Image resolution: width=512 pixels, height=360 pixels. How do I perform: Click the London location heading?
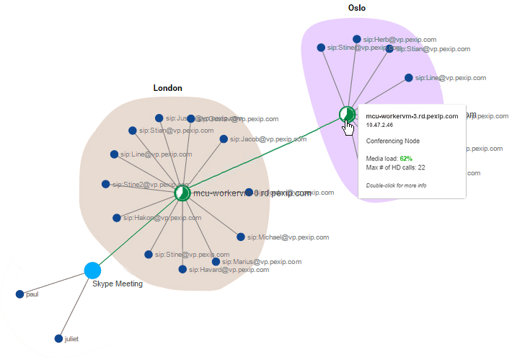pos(167,88)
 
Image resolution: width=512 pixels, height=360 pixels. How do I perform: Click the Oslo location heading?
pos(356,8)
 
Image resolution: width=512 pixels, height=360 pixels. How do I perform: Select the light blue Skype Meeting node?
pos(92,271)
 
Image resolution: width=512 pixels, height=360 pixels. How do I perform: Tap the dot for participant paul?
pos(20,294)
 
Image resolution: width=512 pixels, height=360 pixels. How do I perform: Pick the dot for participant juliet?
pos(58,338)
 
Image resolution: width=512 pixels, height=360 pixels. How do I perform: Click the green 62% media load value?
pos(406,157)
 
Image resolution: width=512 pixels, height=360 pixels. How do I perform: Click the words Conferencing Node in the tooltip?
pos(393,141)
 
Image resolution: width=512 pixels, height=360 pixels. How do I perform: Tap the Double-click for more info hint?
pos(396,185)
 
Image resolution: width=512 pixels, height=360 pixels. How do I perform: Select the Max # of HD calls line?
pos(395,167)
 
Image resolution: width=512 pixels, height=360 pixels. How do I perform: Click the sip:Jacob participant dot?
pos(224,139)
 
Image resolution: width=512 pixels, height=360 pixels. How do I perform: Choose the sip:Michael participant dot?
pos(241,237)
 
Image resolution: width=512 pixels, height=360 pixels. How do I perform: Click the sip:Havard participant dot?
pos(182,270)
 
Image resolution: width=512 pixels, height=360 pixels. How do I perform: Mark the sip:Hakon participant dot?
pos(117,217)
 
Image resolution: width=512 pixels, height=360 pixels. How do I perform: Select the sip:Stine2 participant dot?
pos(106,185)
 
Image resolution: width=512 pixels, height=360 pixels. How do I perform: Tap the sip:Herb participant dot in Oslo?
pos(357,39)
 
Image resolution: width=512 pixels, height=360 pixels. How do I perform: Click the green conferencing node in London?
pos(182,193)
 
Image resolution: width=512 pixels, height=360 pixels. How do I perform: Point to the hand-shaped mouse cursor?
pos(349,126)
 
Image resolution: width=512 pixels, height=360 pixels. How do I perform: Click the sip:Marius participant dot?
pos(215,262)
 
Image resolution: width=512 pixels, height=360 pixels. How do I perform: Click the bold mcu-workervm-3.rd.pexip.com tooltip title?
pos(412,115)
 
